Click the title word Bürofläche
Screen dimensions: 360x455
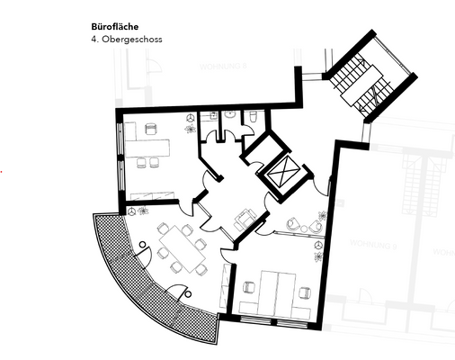click(115, 27)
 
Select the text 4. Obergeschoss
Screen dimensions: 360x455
click(127, 40)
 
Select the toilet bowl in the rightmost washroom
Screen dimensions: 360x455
click(254, 116)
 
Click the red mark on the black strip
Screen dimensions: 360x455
click(2, 170)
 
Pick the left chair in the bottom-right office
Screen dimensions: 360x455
click(249, 290)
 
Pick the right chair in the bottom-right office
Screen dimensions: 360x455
click(304, 292)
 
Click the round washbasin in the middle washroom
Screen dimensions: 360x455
click(230, 115)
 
